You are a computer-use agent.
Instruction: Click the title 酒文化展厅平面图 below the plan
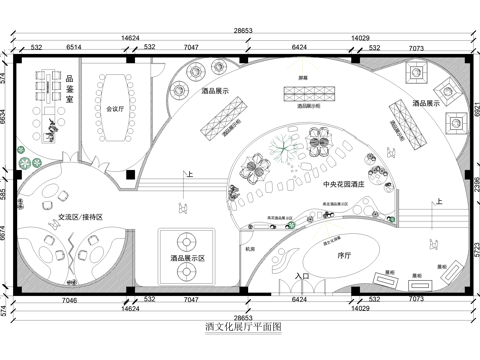click(x=243, y=326)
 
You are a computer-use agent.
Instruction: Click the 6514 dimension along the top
click(x=74, y=48)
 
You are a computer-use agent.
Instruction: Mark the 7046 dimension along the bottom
click(x=70, y=299)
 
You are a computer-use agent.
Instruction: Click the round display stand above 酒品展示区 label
click(x=187, y=240)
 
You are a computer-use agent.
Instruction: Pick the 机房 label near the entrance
click(x=251, y=249)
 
